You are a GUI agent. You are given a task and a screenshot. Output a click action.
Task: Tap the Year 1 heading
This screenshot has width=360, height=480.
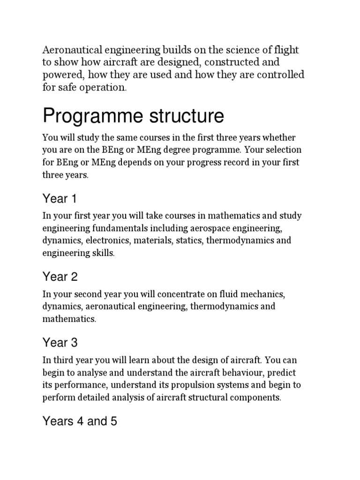60,199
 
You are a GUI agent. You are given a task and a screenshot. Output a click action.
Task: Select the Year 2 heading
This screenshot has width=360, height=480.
60,277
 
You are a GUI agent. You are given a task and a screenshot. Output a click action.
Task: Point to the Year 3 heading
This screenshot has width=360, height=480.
60,343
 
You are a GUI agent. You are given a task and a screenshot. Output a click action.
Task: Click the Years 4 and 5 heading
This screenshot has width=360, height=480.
79,421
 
